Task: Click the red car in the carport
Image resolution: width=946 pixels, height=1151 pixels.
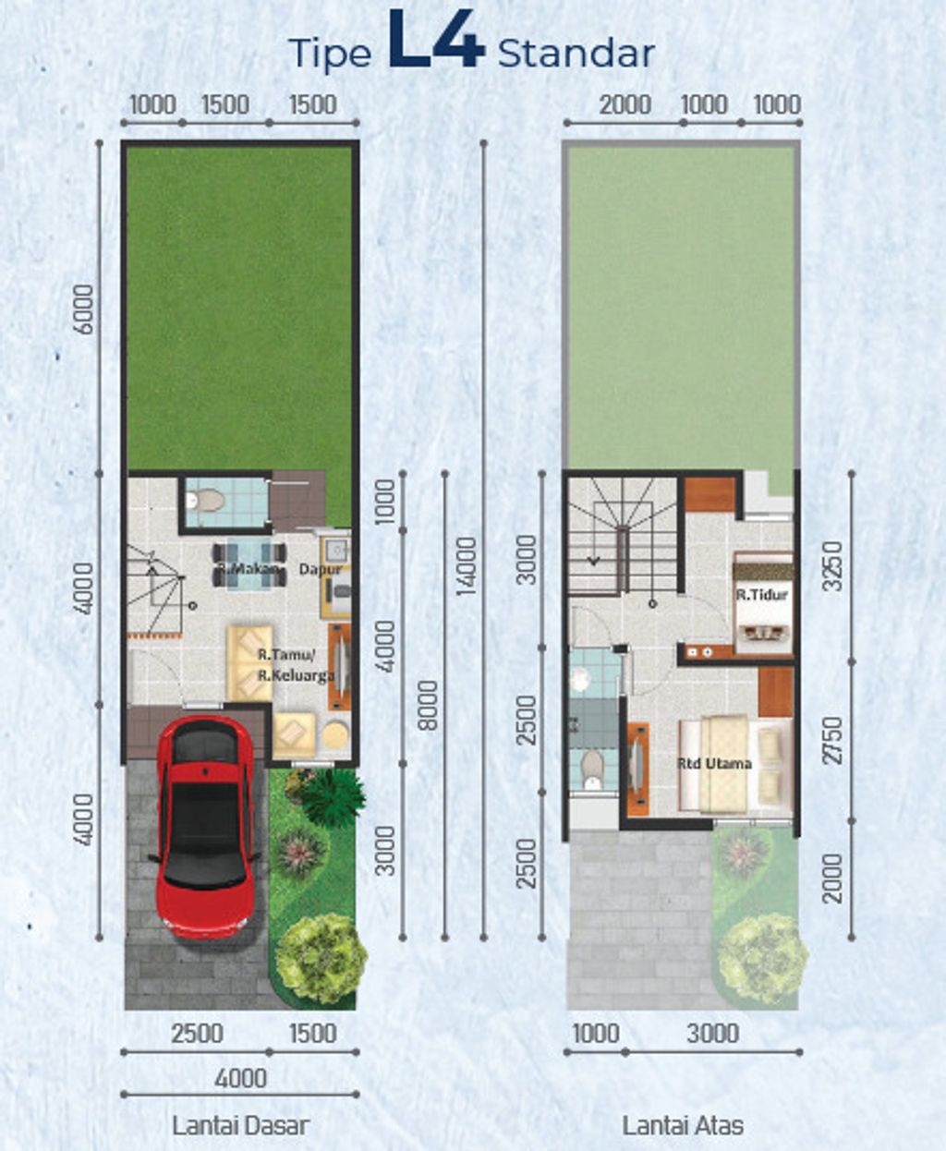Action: (x=204, y=827)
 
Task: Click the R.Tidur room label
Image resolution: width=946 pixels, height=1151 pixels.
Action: (x=762, y=595)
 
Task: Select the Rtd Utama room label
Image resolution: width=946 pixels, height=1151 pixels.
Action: (x=714, y=764)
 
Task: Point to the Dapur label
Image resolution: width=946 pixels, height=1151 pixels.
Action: (x=320, y=569)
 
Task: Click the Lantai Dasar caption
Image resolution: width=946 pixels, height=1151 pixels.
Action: (x=241, y=1121)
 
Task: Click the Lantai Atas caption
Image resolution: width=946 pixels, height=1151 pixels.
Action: (x=683, y=1121)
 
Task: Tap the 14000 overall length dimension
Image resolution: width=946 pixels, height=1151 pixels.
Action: (x=466, y=566)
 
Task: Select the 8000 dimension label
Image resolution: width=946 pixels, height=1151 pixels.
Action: (x=428, y=705)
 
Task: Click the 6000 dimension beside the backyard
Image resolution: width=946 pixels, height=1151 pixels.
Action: (x=85, y=309)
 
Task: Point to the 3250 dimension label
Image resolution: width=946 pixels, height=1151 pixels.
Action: (x=833, y=566)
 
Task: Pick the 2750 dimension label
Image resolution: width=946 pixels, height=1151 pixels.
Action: (x=833, y=741)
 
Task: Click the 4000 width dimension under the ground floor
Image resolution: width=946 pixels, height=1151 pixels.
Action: (x=241, y=1078)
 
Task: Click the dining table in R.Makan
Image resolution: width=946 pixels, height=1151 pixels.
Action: (x=250, y=564)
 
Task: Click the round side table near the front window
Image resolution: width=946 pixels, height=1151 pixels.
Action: (x=335, y=736)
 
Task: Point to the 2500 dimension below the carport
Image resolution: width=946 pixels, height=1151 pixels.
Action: (x=197, y=1033)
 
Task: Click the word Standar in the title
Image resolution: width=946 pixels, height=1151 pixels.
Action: (x=576, y=54)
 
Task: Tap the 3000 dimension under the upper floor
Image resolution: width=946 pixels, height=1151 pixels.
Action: (x=713, y=1033)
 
